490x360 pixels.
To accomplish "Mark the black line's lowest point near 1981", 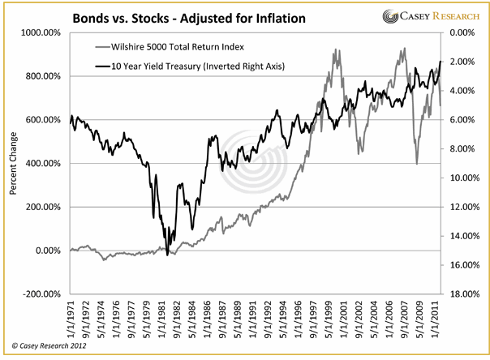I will point(168,255).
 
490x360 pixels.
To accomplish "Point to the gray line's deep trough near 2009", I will point(417,164).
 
